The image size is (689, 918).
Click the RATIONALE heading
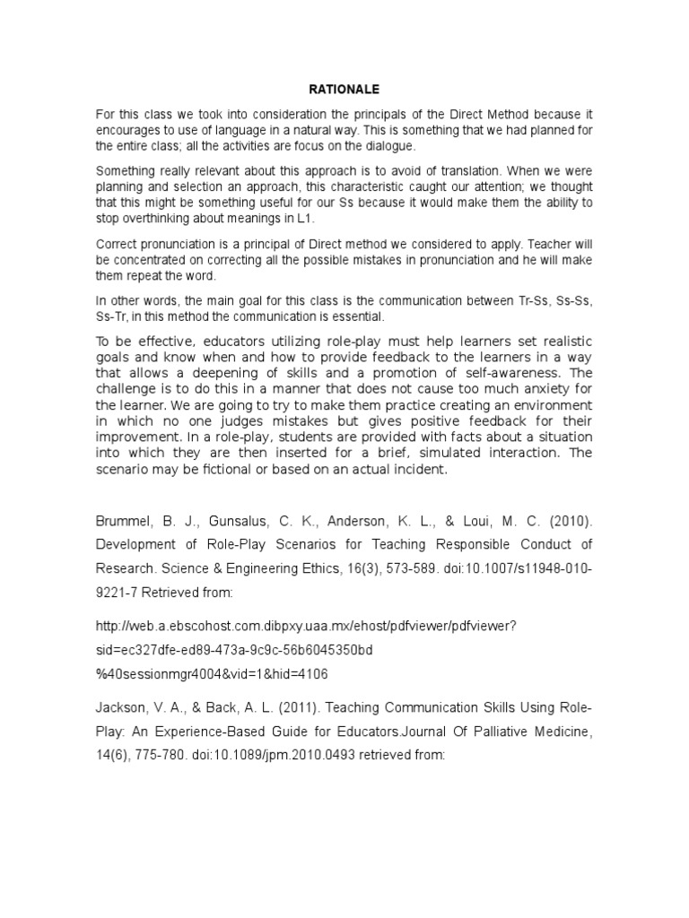344,90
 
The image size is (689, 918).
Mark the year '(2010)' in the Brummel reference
568,520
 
